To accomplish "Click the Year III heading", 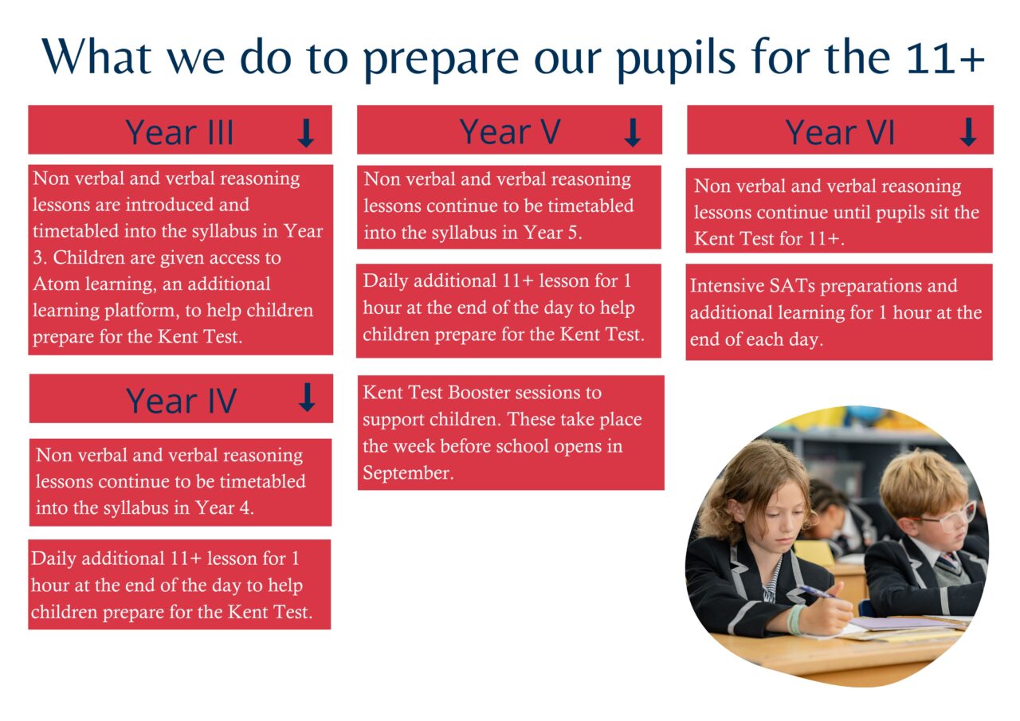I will click(x=179, y=132).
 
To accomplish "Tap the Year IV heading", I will click(x=181, y=401).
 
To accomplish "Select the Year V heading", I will click(x=510, y=131).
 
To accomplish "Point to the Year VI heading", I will click(x=840, y=132).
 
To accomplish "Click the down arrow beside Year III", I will click(x=306, y=133).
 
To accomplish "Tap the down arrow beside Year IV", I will click(x=307, y=398).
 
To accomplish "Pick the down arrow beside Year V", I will click(x=632, y=132).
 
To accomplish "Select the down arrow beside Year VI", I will click(x=968, y=132).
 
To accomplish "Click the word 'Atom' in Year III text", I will click(x=52, y=284).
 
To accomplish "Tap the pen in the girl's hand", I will click(x=818, y=592).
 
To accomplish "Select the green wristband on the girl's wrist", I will click(x=795, y=619).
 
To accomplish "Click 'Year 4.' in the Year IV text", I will click(x=225, y=508).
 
